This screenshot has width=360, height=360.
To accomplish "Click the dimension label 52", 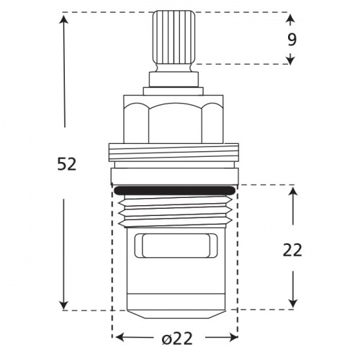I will click(x=66, y=164).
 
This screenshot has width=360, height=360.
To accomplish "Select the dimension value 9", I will click(x=292, y=40).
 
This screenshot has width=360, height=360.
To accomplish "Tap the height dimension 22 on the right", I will click(x=292, y=250).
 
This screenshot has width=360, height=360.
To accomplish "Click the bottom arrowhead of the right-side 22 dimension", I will click(x=292, y=304).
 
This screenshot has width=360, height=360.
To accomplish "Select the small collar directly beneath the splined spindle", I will click(x=174, y=78).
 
